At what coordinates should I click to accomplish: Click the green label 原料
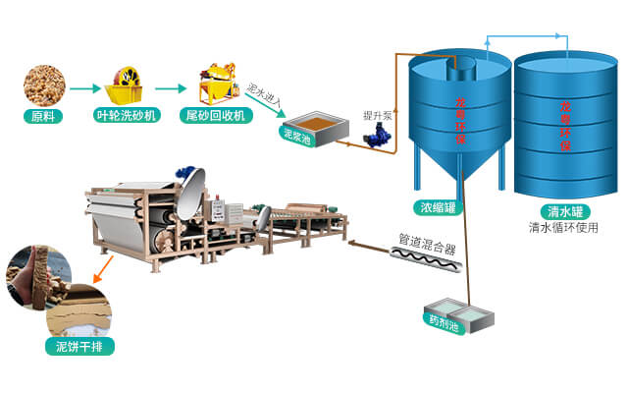click(42, 116)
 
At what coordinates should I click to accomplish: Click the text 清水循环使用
click(563, 227)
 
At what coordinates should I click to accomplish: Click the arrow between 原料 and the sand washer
click(81, 86)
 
